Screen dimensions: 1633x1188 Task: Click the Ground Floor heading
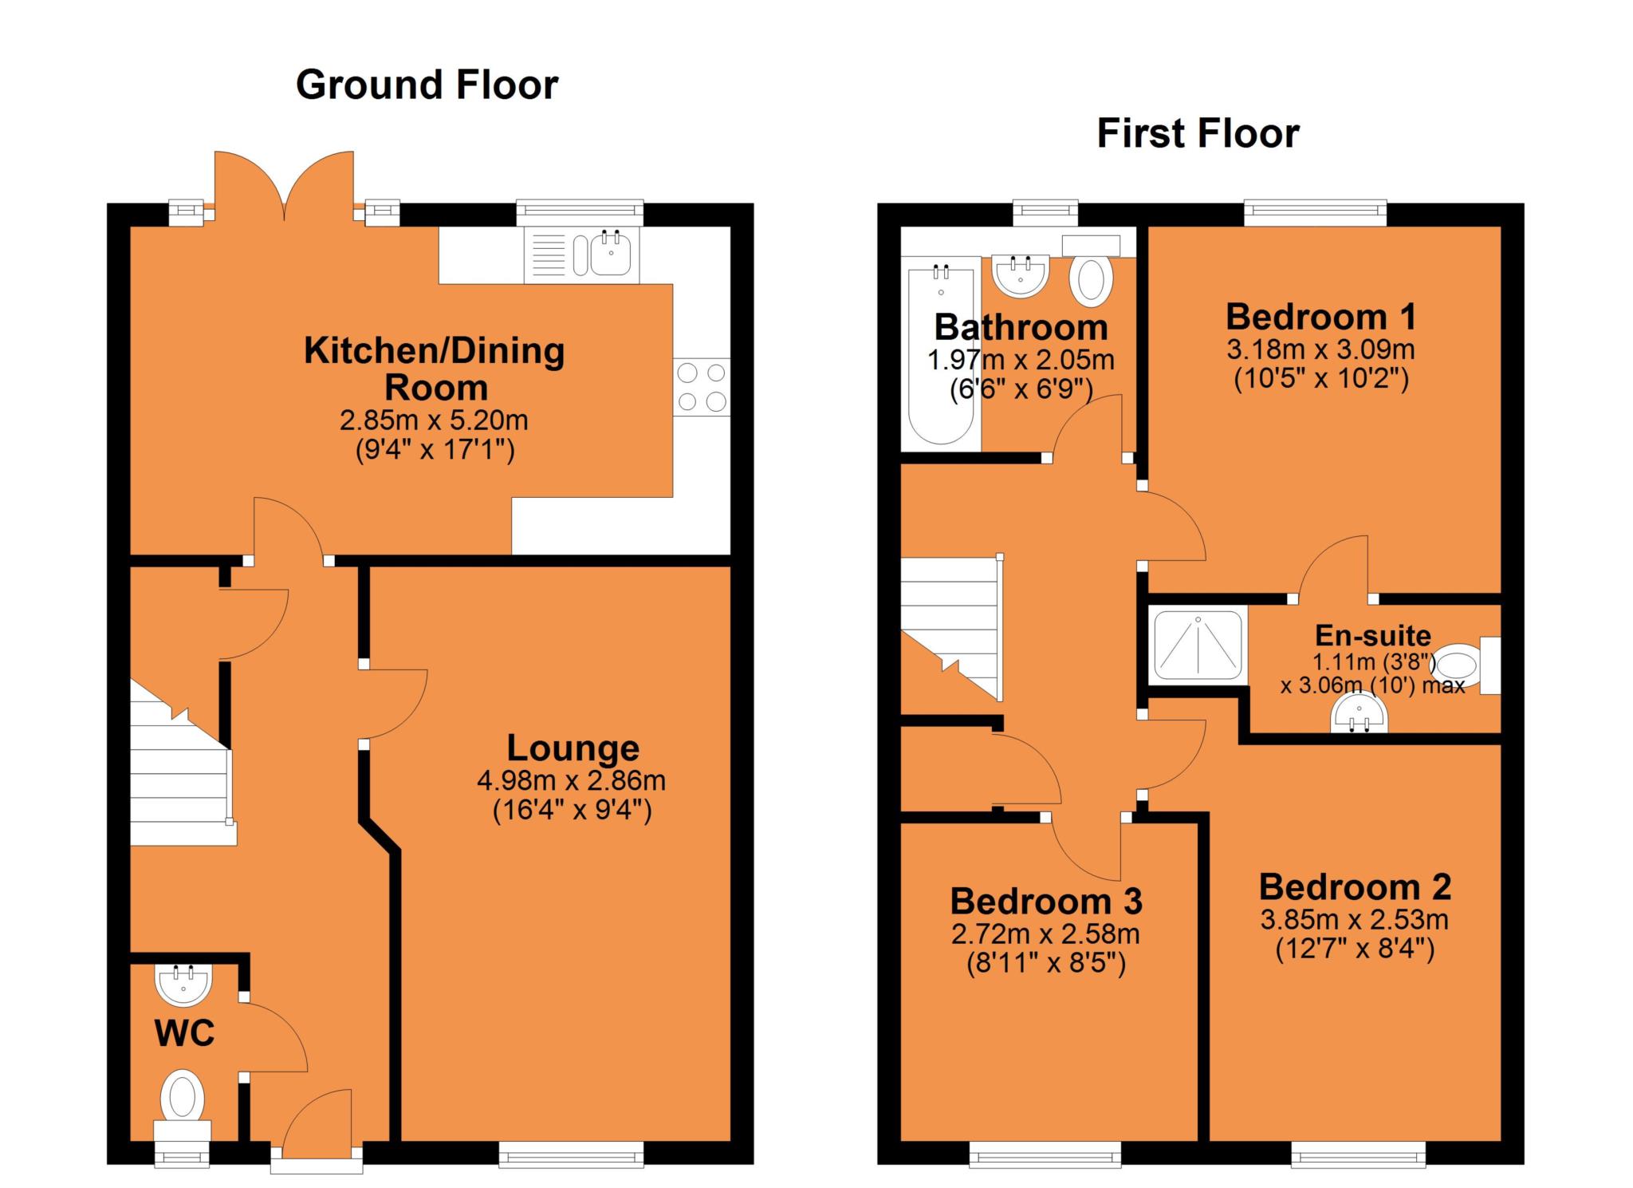(427, 85)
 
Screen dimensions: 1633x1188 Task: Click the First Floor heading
(1198, 133)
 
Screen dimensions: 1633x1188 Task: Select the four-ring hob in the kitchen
(702, 386)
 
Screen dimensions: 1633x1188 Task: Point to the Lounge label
(573, 748)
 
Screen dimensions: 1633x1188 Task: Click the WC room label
(184, 1034)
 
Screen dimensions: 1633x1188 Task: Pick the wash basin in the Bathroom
(1021, 276)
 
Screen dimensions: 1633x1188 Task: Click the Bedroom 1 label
(1321, 317)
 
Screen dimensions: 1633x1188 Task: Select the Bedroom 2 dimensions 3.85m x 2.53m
(1355, 920)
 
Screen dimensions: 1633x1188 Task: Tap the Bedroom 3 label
(1046, 902)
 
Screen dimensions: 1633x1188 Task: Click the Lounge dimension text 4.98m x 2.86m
(572, 780)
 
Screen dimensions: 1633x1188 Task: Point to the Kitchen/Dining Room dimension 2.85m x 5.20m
(434, 420)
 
